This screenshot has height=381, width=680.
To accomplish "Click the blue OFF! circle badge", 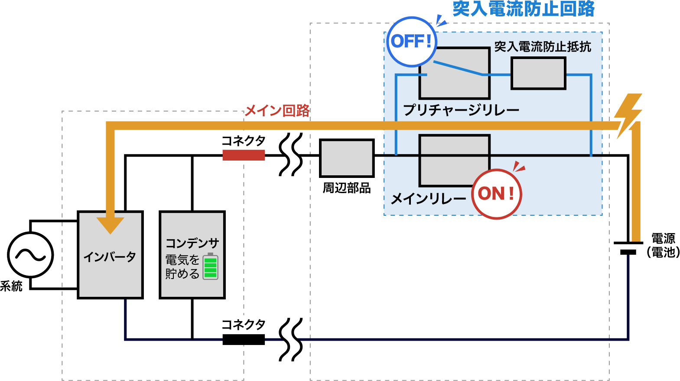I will [411, 42].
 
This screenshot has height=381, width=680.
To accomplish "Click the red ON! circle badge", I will [496, 194].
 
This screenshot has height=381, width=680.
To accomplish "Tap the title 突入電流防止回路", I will [523, 9].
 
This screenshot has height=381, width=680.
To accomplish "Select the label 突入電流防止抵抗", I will [543, 46].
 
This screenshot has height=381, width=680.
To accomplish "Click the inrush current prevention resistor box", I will [538, 73].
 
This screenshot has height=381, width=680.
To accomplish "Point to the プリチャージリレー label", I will [461, 110].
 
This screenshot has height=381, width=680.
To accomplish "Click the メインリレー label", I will [428, 199].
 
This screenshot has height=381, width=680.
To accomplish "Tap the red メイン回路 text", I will [277, 110].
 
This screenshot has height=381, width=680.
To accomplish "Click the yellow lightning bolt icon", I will [628, 115].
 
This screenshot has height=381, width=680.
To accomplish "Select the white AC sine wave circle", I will [30, 255].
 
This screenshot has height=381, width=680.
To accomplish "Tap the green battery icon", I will [211, 266].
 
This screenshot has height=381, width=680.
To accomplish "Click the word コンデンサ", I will [192, 243].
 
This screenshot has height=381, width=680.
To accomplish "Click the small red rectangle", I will [244, 155].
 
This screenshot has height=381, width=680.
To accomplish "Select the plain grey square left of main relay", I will [347, 158].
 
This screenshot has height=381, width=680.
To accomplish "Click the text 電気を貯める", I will [182, 267].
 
